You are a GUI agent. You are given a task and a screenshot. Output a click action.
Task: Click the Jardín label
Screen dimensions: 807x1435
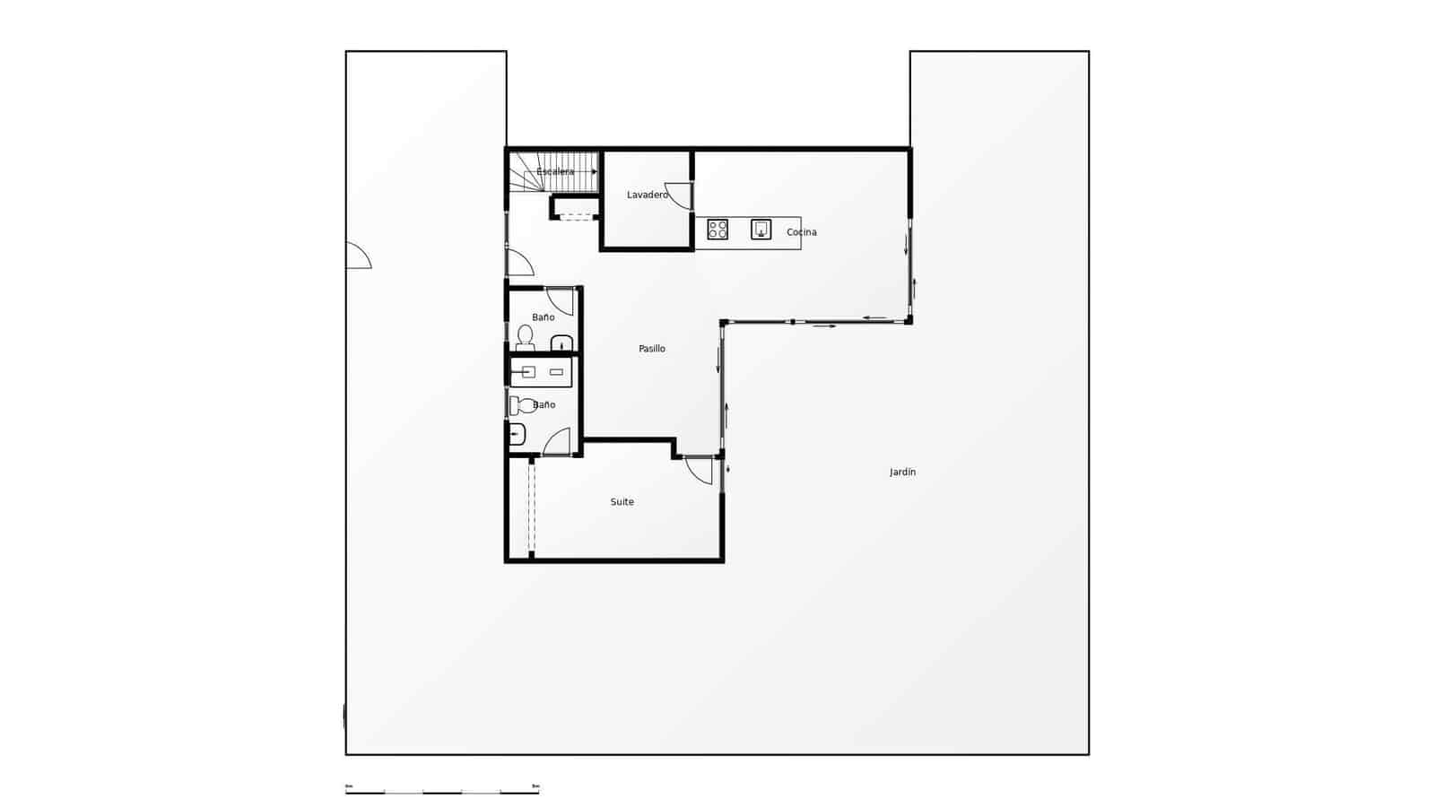(902, 472)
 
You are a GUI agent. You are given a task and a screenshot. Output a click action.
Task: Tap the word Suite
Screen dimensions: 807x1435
(622, 502)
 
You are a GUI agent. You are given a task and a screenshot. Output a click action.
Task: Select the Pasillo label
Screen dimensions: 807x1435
(652, 349)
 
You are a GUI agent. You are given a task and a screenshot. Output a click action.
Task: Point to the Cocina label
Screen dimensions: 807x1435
(801, 232)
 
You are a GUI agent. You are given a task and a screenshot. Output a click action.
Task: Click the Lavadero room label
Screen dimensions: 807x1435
(647, 195)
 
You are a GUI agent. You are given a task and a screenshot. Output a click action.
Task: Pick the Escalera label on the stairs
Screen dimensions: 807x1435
(555, 171)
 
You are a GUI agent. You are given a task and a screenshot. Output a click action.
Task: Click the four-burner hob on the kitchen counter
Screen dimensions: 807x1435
(717, 230)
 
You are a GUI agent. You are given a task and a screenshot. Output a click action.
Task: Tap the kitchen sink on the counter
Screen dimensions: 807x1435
(761, 230)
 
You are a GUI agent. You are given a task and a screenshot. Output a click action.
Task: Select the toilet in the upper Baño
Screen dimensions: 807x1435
(525, 337)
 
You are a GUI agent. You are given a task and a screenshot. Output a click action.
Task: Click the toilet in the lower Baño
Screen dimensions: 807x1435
(522, 405)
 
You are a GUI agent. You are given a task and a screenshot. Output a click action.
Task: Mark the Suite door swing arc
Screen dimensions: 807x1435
(700, 472)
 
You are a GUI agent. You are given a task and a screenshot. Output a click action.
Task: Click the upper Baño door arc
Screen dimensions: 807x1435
(561, 301)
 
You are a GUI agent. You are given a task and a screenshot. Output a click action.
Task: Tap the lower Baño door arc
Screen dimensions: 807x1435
(557, 442)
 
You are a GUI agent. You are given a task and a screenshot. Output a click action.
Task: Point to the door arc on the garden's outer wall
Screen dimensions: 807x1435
(358, 256)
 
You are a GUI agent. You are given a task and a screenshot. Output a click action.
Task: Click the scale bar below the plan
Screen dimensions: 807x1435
(442, 792)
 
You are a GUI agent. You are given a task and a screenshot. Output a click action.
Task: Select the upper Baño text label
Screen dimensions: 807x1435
(543, 317)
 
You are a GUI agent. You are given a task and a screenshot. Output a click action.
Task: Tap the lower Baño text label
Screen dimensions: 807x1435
(544, 404)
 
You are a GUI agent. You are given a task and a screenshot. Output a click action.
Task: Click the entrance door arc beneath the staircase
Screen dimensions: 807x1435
(520, 264)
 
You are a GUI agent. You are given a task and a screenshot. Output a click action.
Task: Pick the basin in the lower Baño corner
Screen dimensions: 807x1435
(516, 435)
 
